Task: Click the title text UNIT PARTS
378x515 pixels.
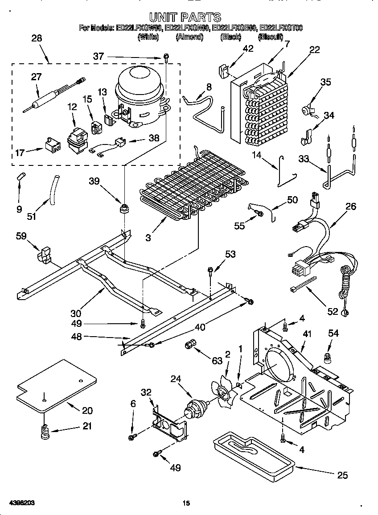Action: tap(185, 17)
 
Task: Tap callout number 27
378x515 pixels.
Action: tap(36, 77)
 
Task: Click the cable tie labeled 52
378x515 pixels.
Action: tap(304, 285)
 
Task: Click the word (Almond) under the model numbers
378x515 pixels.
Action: tap(189, 37)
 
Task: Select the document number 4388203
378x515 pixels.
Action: tap(19, 503)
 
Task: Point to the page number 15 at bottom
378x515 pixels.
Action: tap(186, 503)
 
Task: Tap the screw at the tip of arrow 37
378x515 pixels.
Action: tap(166, 57)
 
